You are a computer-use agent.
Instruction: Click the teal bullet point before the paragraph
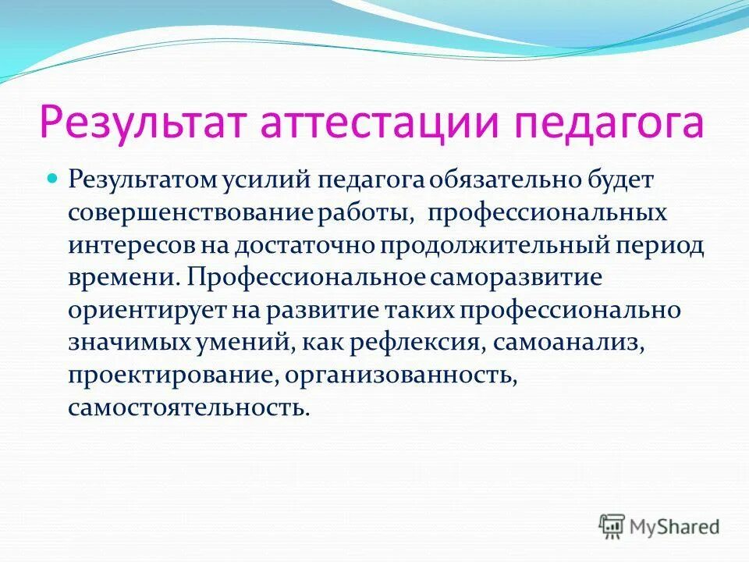pos(53,180)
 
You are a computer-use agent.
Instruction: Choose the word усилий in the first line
pos(263,181)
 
